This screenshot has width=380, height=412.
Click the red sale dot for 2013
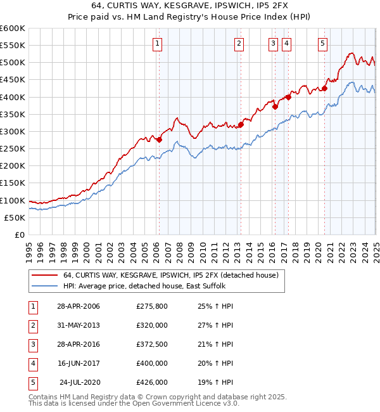[x=241, y=124]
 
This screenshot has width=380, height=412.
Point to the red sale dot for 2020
[x=324, y=88]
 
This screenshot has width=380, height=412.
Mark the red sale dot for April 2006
[x=159, y=139]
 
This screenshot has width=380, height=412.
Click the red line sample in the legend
[x=44, y=275]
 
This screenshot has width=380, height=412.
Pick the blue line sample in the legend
[x=44, y=286]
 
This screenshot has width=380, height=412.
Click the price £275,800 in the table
[x=152, y=306]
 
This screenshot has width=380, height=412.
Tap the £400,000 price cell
[x=152, y=363]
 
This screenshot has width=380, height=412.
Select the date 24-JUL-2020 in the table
[x=80, y=382]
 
